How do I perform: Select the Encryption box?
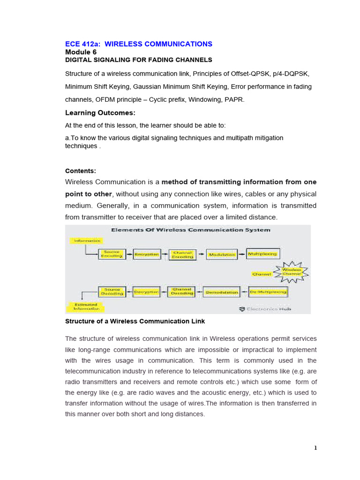tap(147, 254)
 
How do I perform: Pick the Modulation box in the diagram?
tap(222, 254)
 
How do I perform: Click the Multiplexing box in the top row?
tap(262, 254)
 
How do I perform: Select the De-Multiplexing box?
tap(268, 292)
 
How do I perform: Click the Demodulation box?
tap(221, 292)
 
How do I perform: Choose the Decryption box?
tap(147, 292)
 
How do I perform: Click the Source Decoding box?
tap(112, 292)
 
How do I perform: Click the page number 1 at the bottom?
tap(315, 448)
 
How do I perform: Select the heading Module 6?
tap(81, 52)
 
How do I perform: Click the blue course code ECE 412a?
tap(82, 44)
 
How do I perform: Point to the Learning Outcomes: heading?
tap(100, 113)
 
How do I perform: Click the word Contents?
tap(80, 171)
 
